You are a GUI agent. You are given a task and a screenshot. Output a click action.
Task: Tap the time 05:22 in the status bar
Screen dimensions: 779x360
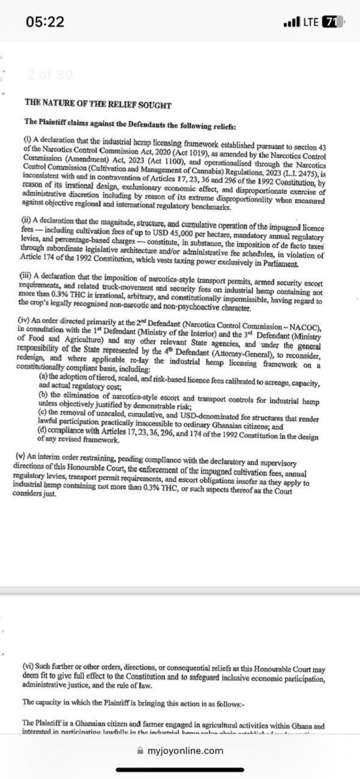(x=45, y=22)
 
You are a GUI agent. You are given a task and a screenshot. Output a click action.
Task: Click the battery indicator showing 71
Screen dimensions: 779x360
(x=330, y=22)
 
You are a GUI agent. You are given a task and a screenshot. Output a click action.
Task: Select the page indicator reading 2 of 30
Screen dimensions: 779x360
(x=50, y=75)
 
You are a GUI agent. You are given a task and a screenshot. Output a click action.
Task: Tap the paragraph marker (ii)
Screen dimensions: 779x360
(x=28, y=220)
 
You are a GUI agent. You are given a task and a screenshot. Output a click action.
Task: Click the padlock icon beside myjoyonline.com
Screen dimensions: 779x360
(x=141, y=750)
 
